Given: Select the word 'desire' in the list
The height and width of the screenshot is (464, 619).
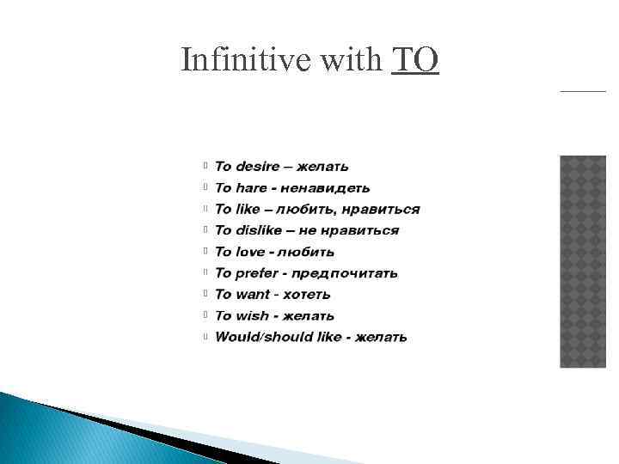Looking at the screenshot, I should tap(258, 166).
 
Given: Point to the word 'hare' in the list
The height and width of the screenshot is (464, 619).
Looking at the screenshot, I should tap(253, 187).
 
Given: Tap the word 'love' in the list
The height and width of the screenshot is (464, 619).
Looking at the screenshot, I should tap(250, 252).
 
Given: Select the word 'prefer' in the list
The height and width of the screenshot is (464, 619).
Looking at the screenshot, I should tap(257, 273).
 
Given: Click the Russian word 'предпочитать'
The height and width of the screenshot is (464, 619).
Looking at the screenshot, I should tap(345, 273).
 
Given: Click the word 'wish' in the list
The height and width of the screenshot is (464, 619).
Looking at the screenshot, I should tap(252, 316).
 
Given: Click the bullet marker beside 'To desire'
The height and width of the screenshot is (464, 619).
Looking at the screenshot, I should tap(205, 166).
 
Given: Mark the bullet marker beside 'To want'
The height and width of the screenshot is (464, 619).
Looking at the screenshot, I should tap(205, 295).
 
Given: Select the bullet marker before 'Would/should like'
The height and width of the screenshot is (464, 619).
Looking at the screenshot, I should tap(205, 337).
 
